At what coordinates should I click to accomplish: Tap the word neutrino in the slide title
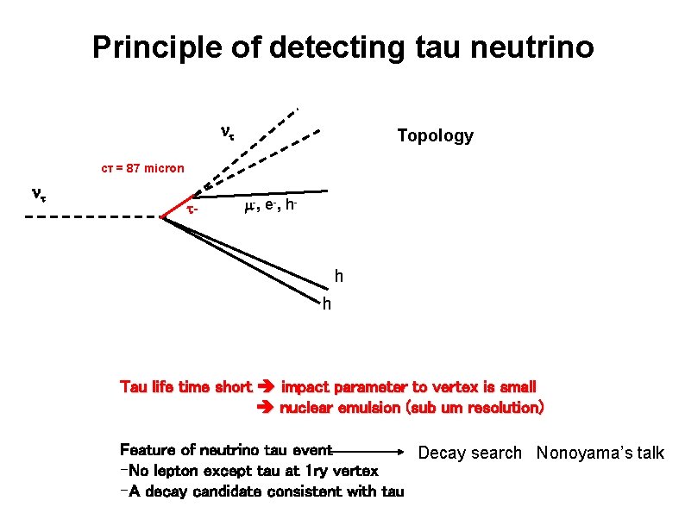point(528,47)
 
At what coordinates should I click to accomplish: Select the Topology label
point(435,136)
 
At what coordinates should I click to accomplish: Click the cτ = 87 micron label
point(138,168)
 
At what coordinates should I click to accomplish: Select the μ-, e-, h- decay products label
point(270,207)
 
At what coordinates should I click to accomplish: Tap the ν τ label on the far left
point(38,194)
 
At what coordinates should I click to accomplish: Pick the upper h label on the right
point(339,277)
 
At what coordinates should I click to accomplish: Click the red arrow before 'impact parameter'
point(267,387)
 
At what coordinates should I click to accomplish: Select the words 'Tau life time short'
point(185,387)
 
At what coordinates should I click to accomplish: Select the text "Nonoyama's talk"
point(600,453)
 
